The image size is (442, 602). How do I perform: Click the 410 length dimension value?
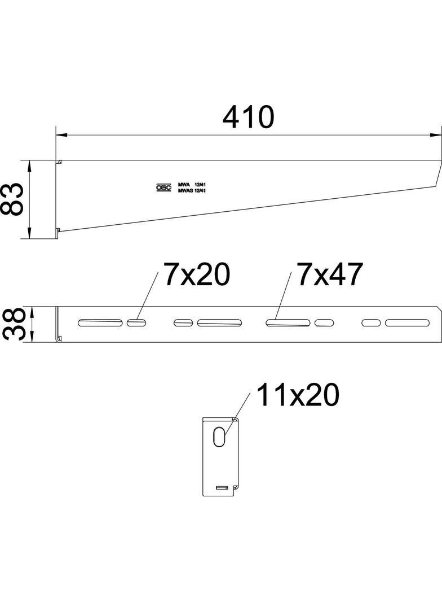pos(248,117)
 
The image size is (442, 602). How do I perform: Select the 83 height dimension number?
pos(12,199)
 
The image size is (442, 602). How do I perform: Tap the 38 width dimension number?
pos(12,324)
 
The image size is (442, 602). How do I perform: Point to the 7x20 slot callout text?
pos(197,274)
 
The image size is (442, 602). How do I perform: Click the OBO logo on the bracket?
pos(163,187)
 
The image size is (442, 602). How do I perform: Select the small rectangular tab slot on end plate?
pos(223,486)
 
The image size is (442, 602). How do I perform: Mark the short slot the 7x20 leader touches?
pos(136,322)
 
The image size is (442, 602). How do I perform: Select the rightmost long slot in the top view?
pos(408,322)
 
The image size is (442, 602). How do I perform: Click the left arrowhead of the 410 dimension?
pos(61,136)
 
